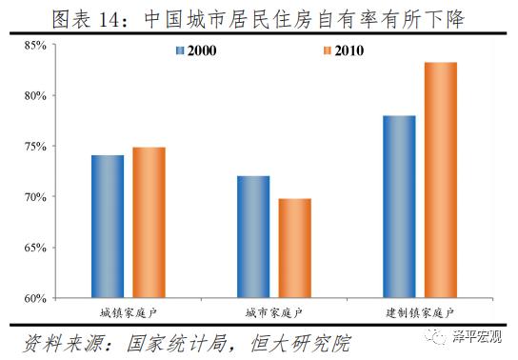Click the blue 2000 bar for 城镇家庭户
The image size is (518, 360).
(108, 227)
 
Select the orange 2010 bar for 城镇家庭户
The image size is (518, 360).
(149, 223)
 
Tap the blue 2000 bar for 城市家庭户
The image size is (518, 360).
(253, 237)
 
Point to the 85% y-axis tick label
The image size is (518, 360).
(34, 45)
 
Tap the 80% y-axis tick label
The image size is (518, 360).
(34, 95)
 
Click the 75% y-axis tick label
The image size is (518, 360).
(34, 147)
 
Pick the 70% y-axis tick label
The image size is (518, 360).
(34, 197)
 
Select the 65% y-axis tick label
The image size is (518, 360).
(34, 248)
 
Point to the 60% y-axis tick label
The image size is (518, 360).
(34, 298)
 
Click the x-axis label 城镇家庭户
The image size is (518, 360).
(128, 313)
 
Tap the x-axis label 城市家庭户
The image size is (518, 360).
(274, 313)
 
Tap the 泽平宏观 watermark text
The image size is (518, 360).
(482, 337)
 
